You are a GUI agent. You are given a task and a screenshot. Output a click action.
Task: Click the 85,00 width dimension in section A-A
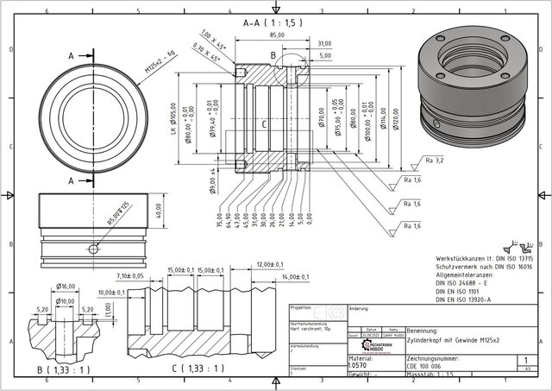pos(277,35)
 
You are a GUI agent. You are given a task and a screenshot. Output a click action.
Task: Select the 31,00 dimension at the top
pos(324,42)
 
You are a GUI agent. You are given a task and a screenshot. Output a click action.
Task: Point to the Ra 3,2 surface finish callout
pos(434,161)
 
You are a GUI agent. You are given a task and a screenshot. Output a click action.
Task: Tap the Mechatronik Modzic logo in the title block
pos(379,346)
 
